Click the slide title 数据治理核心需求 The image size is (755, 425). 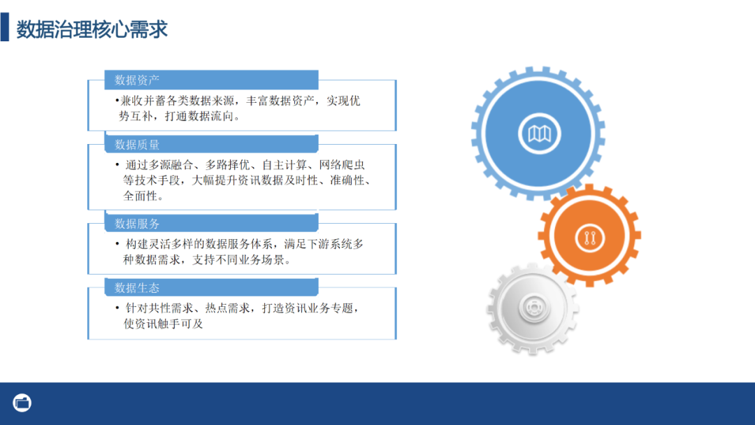pyautogui.click(x=92, y=29)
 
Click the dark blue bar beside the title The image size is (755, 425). pyautogui.click(x=5, y=29)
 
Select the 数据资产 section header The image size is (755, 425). pyautogui.click(x=138, y=80)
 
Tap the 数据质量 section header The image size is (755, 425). pyautogui.click(x=138, y=145)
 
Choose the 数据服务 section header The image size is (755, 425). pyautogui.click(x=138, y=224)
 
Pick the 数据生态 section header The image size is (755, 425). pyautogui.click(x=138, y=287)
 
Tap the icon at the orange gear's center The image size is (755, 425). pyautogui.click(x=589, y=238)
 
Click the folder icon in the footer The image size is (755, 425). pyautogui.click(x=22, y=403)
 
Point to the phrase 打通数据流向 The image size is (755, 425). pyautogui.click(x=202, y=117)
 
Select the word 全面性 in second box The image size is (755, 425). pyautogui.click(x=140, y=196)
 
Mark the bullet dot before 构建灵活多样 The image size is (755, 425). pyautogui.click(x=117, y=244)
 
